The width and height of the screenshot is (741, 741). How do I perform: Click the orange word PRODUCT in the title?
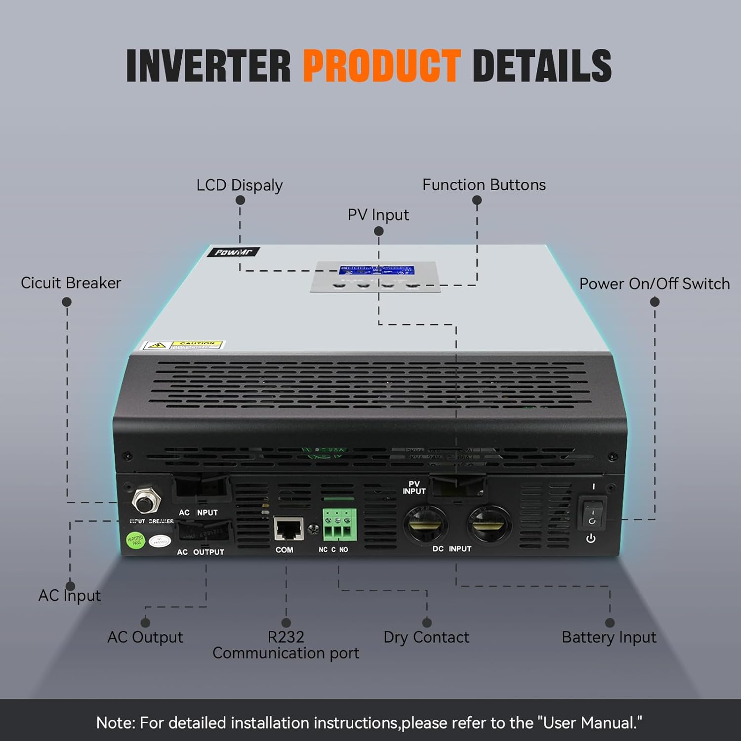coord(382,66)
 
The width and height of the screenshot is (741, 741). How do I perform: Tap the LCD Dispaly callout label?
coord(239,185)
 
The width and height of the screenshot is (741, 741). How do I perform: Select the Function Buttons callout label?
coord(484,185)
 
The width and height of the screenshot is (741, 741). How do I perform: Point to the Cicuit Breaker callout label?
coord(71,283)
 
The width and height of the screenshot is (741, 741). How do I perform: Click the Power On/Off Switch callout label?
coord(654,284)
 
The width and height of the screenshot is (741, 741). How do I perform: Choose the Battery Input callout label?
coord(609,637)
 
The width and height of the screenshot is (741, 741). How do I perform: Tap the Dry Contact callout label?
coord(426,637)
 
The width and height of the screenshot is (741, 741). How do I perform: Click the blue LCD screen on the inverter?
coord(376,271)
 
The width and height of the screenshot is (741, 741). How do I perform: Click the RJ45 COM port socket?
coord(289,529)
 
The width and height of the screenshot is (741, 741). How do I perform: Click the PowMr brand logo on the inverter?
coord(233,252)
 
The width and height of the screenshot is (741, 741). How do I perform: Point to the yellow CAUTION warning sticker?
coord(183,344)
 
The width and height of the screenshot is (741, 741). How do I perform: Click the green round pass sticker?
coord(135,540)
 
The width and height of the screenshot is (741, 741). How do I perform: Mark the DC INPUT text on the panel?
coord(452,549)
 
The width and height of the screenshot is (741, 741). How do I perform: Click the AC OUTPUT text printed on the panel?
coord(201,552)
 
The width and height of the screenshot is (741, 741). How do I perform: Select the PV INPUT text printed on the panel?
coord(413,488)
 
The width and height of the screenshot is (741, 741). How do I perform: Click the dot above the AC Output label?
coord(145,622)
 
